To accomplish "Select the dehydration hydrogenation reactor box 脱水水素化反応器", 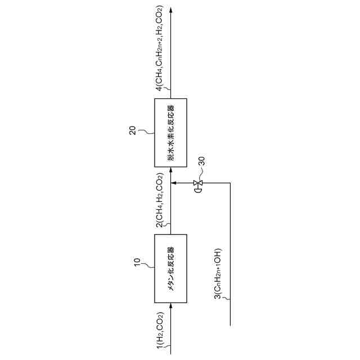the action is coord(170,132).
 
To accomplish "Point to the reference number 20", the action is coord(132,130).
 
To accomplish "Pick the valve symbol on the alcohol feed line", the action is coord(197,183).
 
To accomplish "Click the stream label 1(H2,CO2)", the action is coord(160,332).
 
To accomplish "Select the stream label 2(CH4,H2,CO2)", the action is coord(160,201).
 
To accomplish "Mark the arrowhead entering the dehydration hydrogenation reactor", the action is coord(170,169).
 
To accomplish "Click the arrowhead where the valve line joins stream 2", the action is coord(174,183).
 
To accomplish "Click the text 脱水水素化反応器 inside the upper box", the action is coord(170,132).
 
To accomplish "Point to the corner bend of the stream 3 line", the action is coord(231,183).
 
